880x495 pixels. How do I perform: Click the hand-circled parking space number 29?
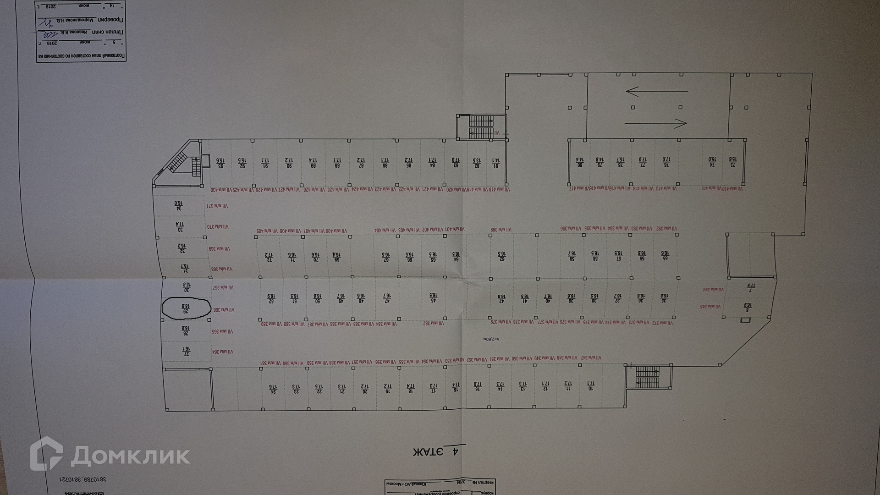pos(186,308)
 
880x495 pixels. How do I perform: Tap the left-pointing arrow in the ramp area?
pos(656,91)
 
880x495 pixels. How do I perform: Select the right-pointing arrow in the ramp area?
pos(656,123)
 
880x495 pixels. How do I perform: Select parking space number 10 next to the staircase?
pos(590,386)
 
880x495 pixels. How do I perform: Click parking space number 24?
pos(273,389)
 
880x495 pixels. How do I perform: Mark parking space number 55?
pos(664,256)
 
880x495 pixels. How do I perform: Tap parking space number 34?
pos(178,206)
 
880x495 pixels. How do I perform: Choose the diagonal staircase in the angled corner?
pos(176,163)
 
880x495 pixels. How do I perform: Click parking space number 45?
pos(432,298)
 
